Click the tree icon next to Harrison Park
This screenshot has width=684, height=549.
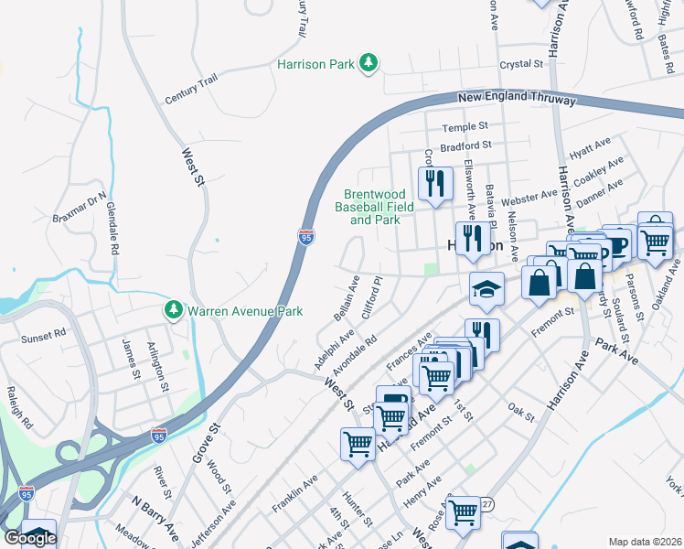point(369,63)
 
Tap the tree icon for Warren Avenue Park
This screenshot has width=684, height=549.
point(173,311)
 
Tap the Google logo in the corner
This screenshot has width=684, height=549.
point(29,538)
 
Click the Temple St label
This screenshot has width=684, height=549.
point(465,126)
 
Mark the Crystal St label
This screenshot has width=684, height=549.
point(523,65)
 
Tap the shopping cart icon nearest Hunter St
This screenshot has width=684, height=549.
point(358,445)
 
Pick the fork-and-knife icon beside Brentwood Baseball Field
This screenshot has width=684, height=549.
point(435,183)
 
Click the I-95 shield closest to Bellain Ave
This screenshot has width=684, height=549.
point(306,237)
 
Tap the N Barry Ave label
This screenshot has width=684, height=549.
point(154,520)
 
